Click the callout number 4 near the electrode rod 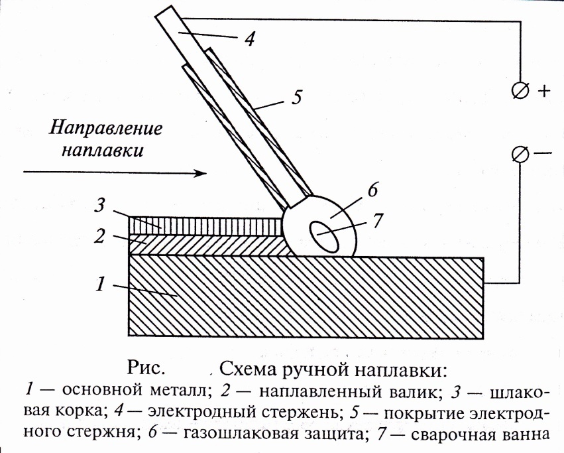point(249,39)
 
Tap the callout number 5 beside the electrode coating point(296,97)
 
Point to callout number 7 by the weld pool point(378,221)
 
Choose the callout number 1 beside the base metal point(99,285)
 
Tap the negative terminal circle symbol point(520,155)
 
